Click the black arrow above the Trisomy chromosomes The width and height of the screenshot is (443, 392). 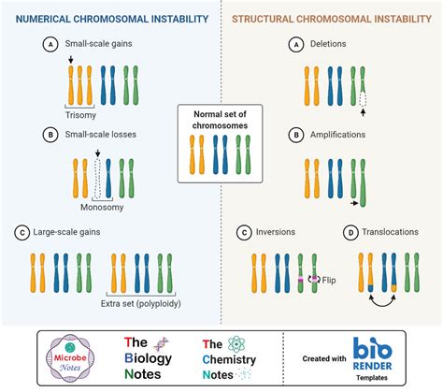72,60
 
